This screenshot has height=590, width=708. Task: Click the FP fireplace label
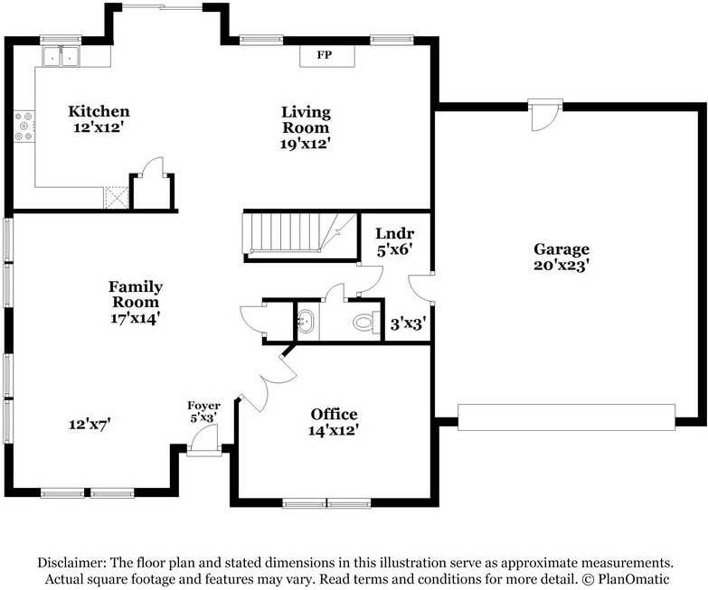click(325, 55)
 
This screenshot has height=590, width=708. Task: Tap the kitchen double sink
click(61, 57)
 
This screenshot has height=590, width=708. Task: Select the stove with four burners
click(24, 126)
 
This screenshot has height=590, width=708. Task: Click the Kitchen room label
click(99, 111)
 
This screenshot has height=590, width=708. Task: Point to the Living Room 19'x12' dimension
click(306, 144)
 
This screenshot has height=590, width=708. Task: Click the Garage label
click(562, 249)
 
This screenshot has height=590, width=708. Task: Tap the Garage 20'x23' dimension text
click(560, 266)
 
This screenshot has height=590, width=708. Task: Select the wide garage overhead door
click(567, 417)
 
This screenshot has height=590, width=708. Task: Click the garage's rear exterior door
click(545, 115)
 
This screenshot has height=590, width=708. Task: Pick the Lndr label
click(394, 233)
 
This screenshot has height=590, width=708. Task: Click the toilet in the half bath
click(366, 323)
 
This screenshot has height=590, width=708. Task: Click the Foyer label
click(204, 406)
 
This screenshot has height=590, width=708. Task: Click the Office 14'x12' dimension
click(334, 430)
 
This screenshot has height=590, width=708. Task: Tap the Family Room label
click(136, 295)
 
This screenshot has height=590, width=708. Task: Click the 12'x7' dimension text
click(90, 425)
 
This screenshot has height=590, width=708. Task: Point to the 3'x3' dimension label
click(408, 323)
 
